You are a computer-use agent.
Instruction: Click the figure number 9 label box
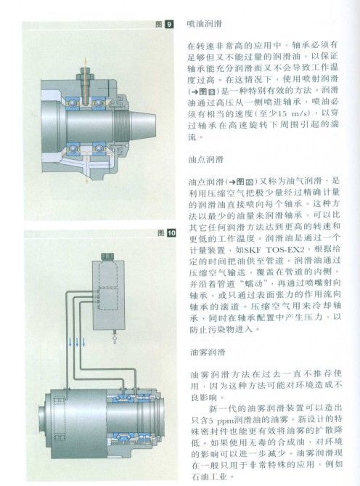click(x=168, y=25)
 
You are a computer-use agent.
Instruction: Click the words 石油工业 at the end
click(x=210, y=477)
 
